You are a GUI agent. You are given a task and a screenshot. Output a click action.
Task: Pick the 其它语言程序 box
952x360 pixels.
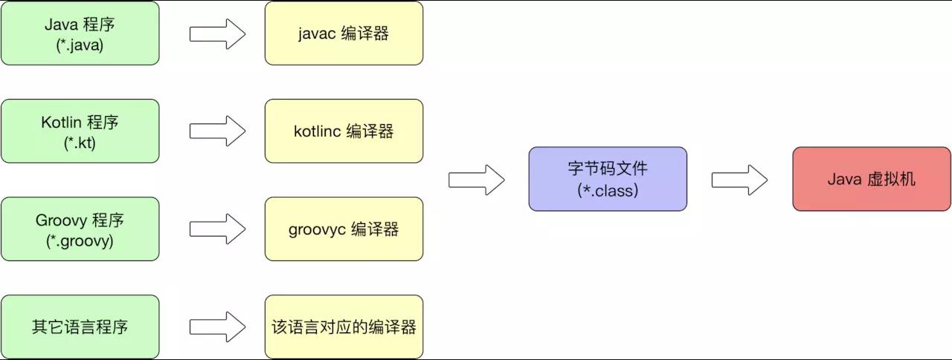[80, 327]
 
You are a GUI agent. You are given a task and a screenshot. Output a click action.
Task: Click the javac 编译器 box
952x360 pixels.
[344, 33]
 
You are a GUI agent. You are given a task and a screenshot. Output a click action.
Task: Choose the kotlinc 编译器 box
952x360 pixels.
[344, 131]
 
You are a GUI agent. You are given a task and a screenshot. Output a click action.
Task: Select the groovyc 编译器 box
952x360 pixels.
[344, 229]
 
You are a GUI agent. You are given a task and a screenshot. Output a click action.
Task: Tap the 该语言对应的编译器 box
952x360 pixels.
[344, 327]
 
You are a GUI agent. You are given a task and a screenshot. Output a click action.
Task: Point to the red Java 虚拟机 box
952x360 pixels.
[872, 179]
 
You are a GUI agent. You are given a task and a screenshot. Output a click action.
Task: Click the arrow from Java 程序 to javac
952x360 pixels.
[217, 33]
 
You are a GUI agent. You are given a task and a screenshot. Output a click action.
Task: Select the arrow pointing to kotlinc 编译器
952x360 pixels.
[217, 131]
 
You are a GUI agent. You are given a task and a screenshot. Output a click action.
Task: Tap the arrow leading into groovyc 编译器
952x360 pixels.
[217, 229]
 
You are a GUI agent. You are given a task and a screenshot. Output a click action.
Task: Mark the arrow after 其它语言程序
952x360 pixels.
[217, 327]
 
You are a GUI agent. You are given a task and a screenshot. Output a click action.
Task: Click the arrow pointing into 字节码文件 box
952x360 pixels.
[477, 179]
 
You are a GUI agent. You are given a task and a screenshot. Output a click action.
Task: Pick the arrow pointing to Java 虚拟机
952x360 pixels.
[740, 179]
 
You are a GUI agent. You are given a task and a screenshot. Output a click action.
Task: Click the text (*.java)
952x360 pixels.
[80, 45]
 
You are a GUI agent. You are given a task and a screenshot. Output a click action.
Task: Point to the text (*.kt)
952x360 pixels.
[80, 143]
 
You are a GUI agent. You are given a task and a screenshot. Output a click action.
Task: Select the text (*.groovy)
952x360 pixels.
[80, 241]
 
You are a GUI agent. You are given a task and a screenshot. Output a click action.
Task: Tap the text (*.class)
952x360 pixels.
[608, 190]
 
